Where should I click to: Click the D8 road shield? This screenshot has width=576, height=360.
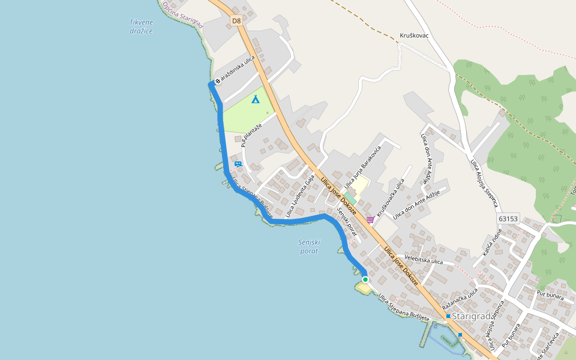click(x=236, y=21)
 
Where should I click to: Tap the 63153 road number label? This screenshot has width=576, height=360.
click(x=508, y=219)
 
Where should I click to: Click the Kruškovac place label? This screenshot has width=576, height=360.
click(x=414, y=36)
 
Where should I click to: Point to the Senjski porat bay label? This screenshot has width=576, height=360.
click(x=310, y=247)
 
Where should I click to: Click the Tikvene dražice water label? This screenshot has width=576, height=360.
click(x=141, y=26)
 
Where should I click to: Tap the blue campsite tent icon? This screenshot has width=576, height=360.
click(x=256, y=99)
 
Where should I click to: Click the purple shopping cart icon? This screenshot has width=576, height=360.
click(x=370, y=220)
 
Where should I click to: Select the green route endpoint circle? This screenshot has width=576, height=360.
click(x=365, y=280)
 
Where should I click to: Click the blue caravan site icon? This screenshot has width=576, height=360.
click(x=238, y=164)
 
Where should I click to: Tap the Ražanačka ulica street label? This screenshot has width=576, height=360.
click(x=460, y=299)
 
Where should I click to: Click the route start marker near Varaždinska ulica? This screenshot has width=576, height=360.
click(x=218, y=81)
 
